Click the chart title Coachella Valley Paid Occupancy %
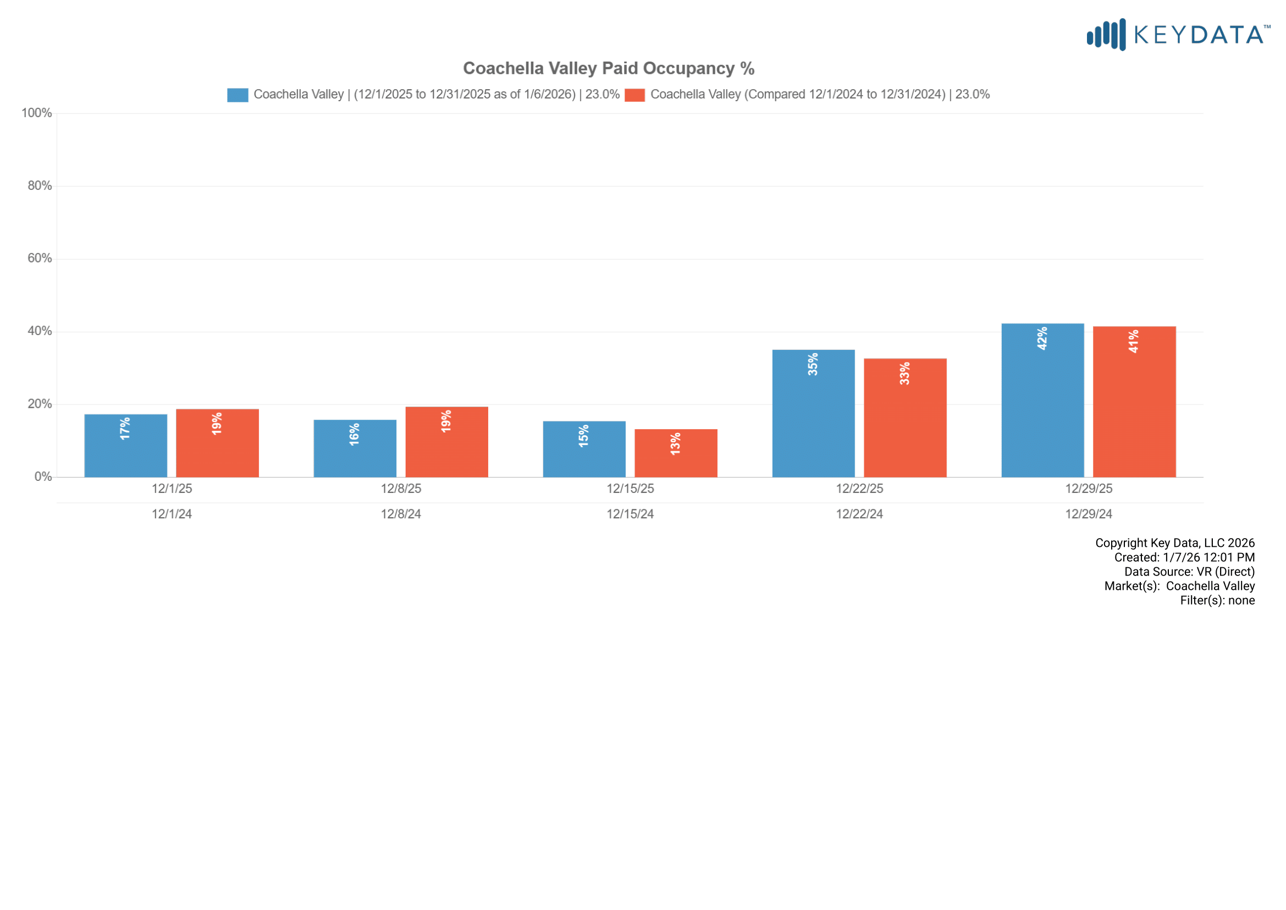click(608, 68)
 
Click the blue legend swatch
click(238, 95)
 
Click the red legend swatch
click(634, 95)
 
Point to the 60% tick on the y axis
click(40, 259)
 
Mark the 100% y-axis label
click(37, 113)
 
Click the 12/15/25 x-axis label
click(630, 489)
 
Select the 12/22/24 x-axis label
click(859, 514)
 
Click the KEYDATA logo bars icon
click(1106, 35)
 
